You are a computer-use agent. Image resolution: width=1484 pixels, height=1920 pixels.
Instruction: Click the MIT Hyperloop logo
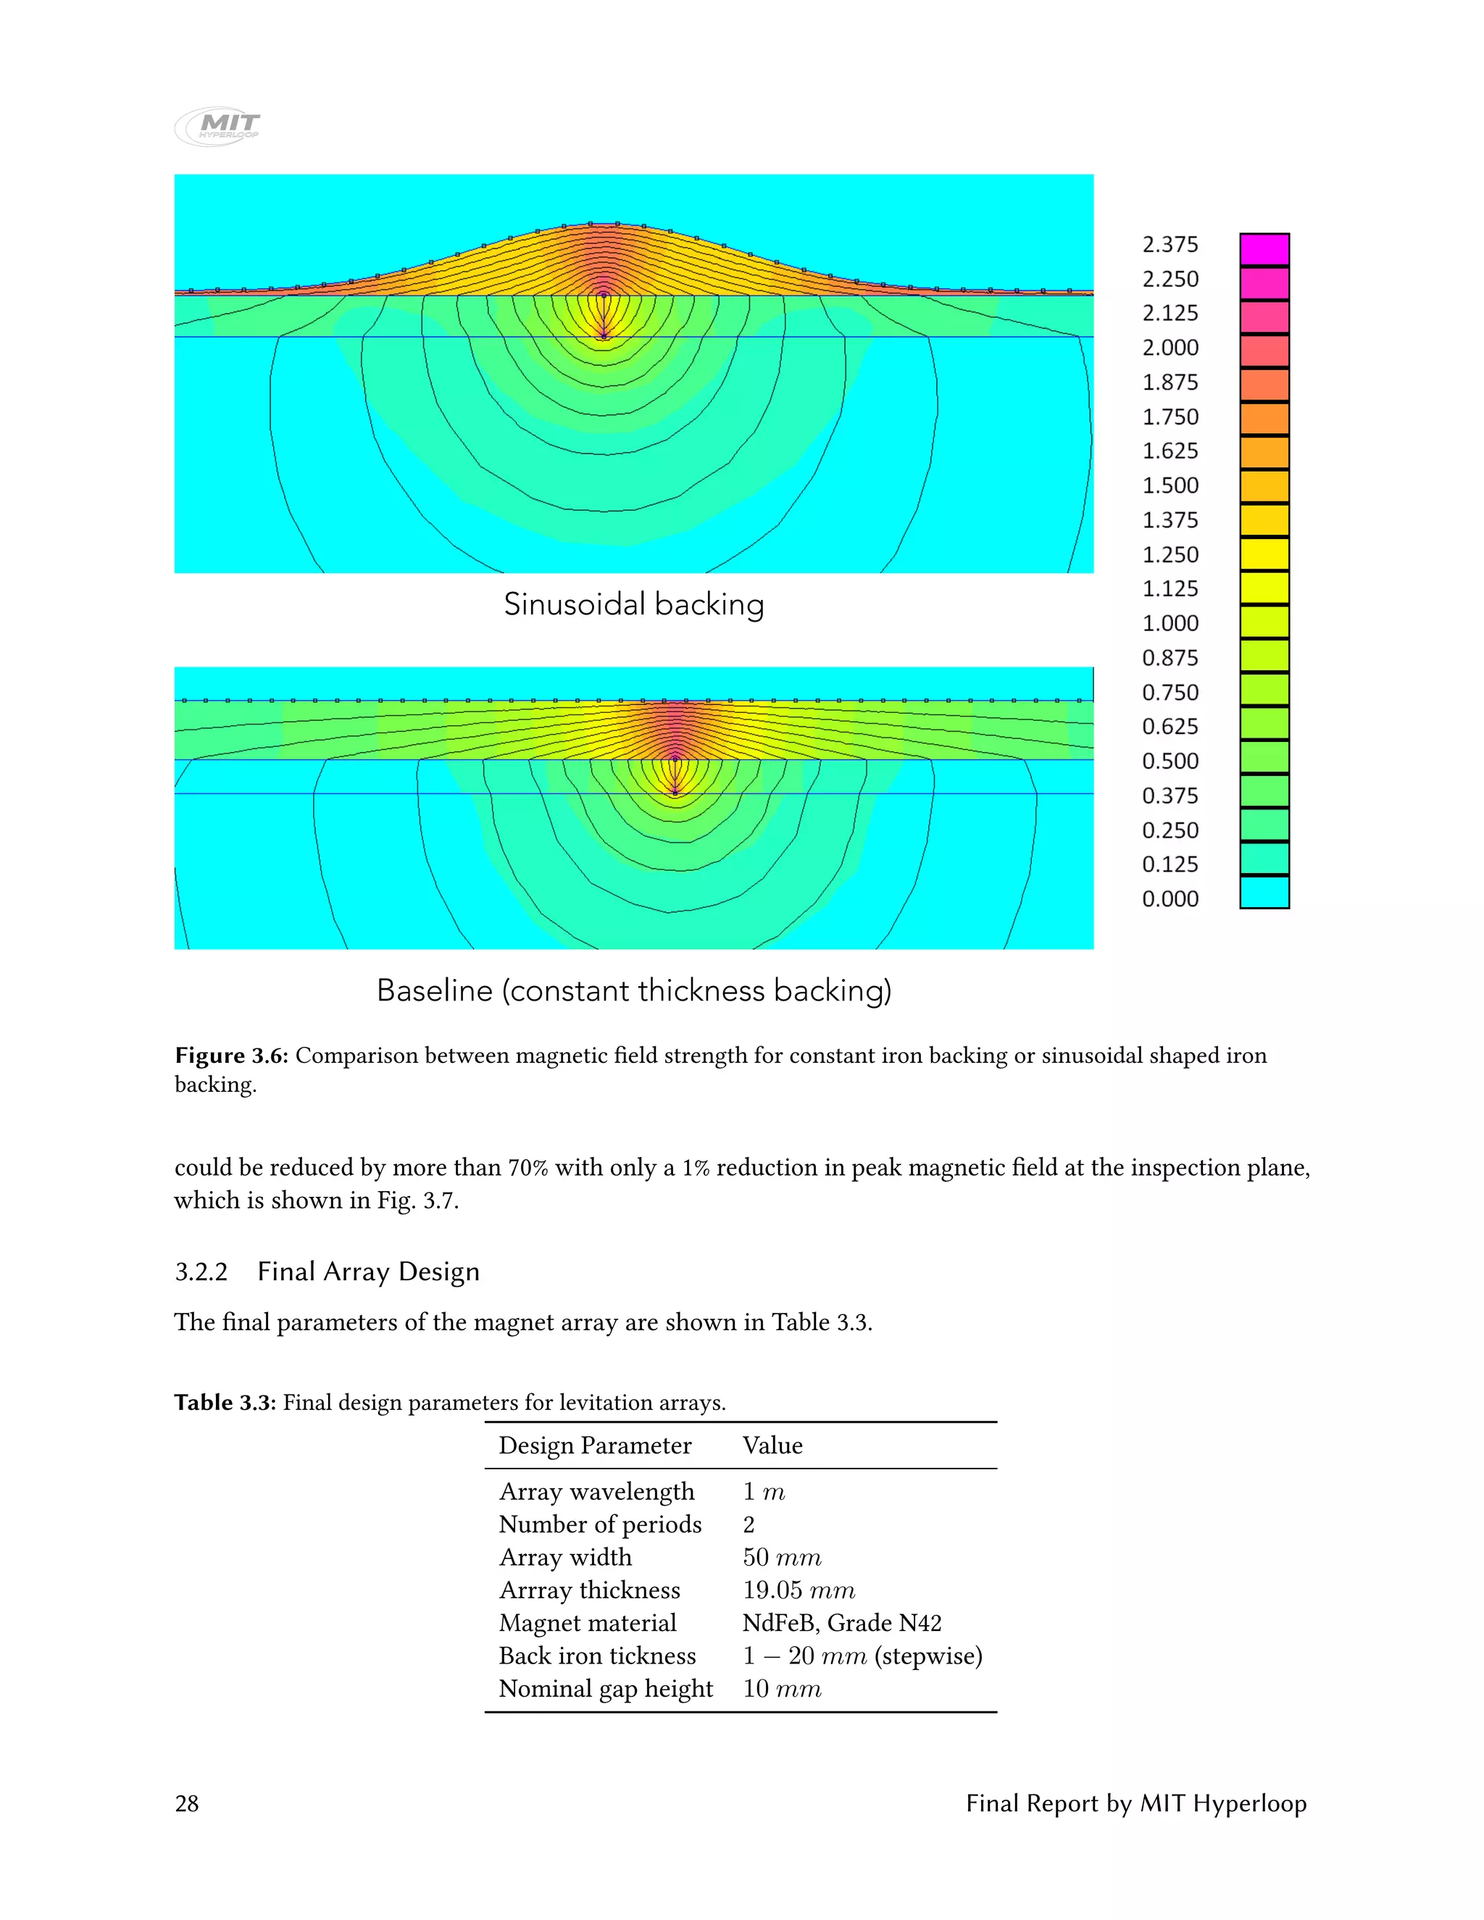pyautogui.click(x=218, y=127)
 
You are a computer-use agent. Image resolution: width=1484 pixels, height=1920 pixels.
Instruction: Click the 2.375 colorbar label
pyautogui.click(x=1170, y=244)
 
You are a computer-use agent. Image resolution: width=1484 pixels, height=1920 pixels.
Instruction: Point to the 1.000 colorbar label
pyautogui.click(x=1170, y=623)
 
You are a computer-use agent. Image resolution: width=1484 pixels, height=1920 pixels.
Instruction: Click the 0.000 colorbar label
pyautogui.click(x=1170, y=898)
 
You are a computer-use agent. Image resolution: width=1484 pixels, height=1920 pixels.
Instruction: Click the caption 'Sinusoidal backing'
pyautogui.click(x=633, y=605)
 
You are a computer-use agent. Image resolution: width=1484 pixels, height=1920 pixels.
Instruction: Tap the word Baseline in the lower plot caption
pyautogui.click(x=434, y=990)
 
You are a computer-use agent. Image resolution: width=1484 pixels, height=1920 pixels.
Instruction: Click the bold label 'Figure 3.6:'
pyautogui.click(x=231, y=1056)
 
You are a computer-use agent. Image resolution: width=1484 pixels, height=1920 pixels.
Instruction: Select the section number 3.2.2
pyautogui.click(x=201, y=1272)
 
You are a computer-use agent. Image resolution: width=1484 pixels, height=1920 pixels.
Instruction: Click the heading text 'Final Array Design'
pyautogui.click(x=368, y=1272)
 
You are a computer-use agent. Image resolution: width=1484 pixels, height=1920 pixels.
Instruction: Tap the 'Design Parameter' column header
pyautogui.click(x=594, y=1445)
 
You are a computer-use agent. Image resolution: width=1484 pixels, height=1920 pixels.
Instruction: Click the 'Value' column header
pyautogui.click(x=772, y=1445)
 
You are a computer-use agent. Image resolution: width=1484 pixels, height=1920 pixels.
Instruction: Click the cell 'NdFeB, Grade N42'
pyautogui.click(x=841, y=1623)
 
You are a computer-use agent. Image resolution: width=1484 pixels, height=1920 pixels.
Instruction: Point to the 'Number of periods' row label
pyautogui.click(x=599, y=1524)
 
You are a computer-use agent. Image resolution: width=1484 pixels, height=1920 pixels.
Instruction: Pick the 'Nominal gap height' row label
pyautogui.click(x=605, y=1689)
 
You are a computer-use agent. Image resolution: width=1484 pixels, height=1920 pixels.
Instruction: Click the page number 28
pyautogui.click(x=186, y=1804)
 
